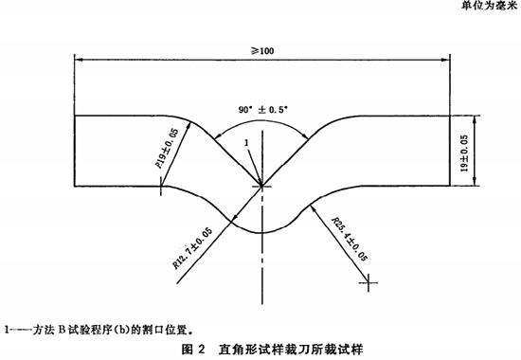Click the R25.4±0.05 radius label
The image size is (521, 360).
coord(349,236)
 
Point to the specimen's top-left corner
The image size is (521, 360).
coord(75,116)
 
